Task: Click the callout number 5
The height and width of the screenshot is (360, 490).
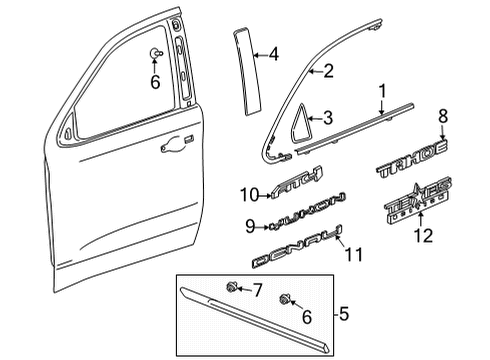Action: pyautogui.click(x=343, y=317)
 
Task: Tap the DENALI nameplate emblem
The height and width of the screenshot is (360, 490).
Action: pyautogui.click(x=295, y=250)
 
